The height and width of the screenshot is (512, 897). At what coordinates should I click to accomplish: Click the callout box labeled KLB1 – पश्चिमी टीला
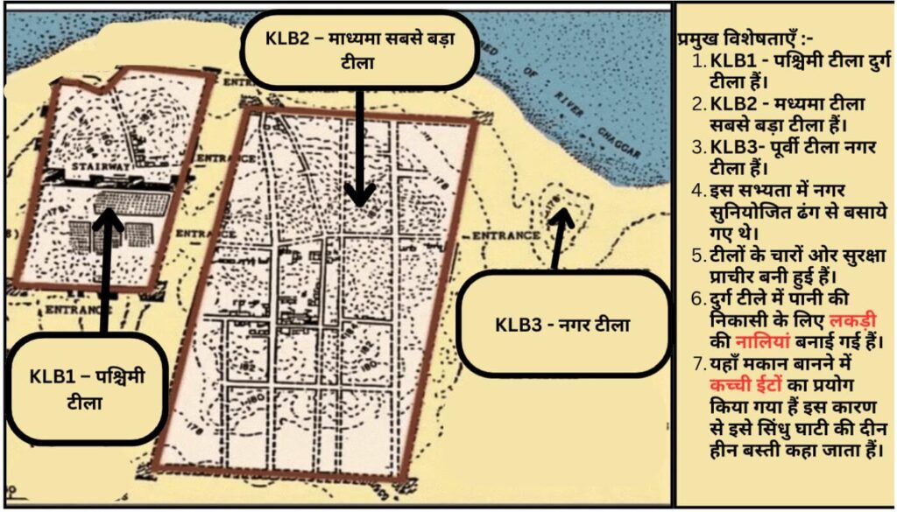(x=88, y=390)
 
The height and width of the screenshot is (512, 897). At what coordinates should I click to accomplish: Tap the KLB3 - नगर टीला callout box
(x=562, y=323)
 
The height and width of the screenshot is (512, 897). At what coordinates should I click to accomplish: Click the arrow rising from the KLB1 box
(x=107, y=271)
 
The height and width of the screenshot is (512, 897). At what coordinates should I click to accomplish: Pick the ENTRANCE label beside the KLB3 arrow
(x=505, y=235)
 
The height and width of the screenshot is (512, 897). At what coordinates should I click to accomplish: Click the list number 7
(x=697, y=362)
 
